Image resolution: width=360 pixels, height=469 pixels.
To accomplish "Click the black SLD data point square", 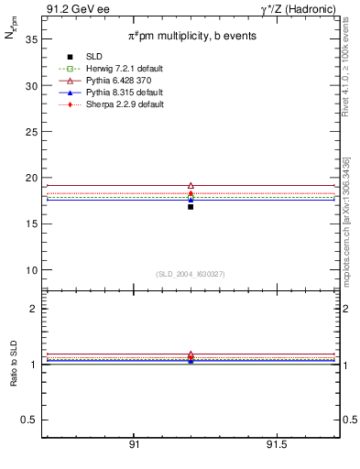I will point(191,207).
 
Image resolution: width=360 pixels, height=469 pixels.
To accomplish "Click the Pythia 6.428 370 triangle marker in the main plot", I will point(191,186).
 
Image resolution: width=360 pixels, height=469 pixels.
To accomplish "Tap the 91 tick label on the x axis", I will point(135,444).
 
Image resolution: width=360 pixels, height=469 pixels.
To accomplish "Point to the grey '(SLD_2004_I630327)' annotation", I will point(191,274).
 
